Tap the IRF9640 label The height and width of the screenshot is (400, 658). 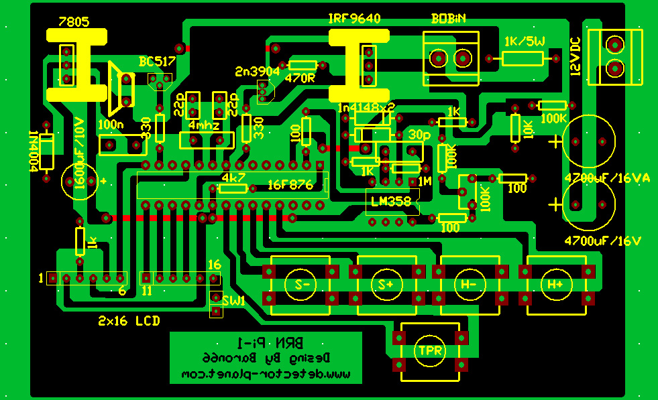(354, 19)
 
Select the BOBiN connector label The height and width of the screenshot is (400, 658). (449, 19)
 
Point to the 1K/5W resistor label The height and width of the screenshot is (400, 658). (524, 42)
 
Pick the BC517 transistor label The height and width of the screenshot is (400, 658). (157, 62)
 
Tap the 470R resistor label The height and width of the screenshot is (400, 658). (299, 78)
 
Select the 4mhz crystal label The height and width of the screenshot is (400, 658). (203, 125)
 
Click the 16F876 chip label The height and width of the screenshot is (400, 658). (290, 185)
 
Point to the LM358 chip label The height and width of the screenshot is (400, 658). (392, 200)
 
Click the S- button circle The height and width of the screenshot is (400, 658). (300, 284)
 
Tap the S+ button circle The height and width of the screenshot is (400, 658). (386, 284)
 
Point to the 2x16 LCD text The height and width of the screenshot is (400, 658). (129, 321)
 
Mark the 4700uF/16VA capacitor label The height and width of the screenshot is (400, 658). (608, 178)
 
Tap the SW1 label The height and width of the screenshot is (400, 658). (234, 300)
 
